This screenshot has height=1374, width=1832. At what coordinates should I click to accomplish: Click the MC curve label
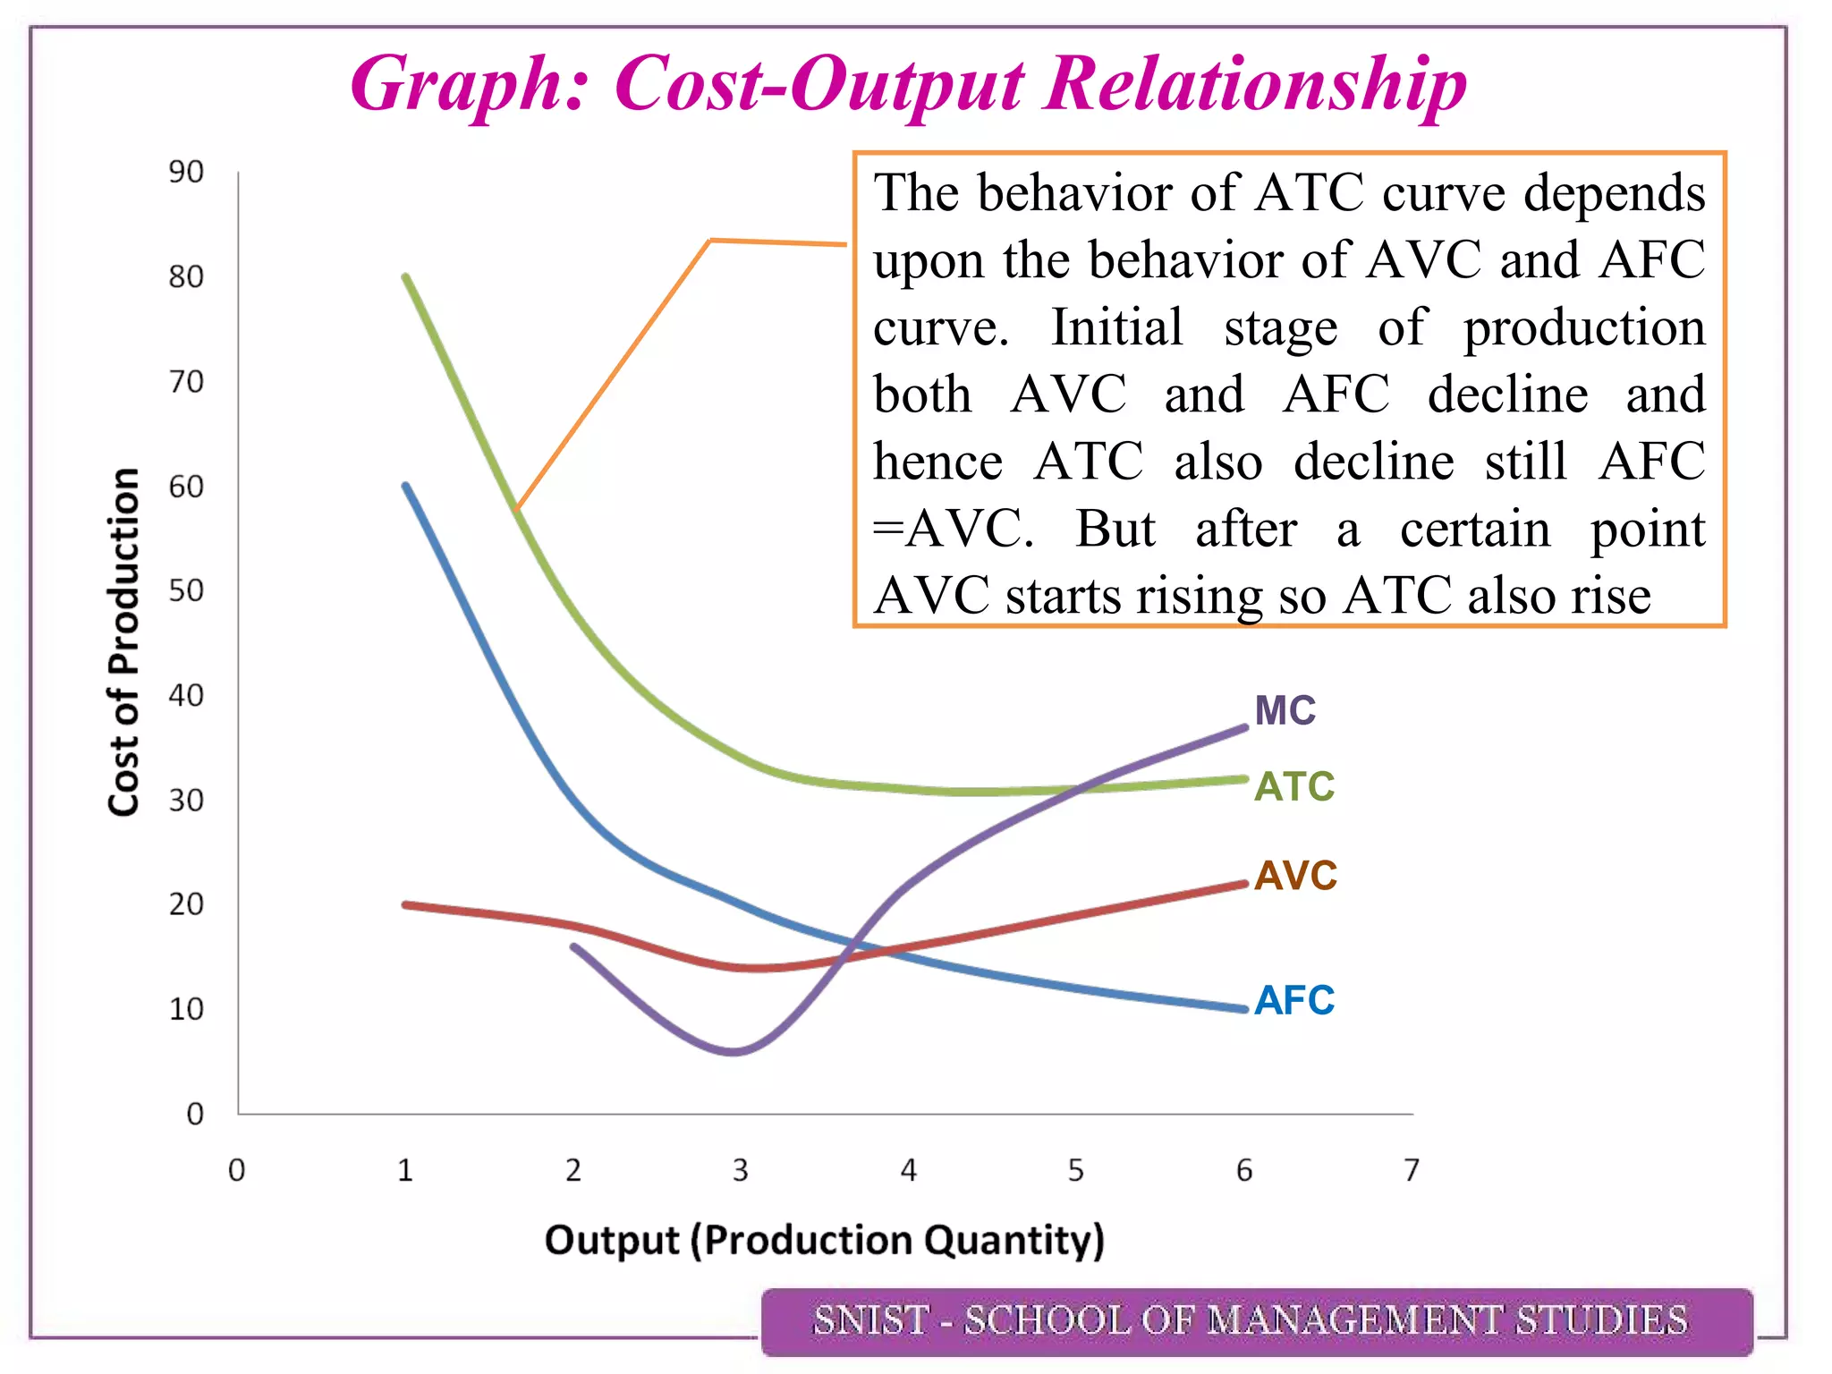tap(1285, 711)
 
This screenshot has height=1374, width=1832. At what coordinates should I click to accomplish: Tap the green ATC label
tap(1293, 787)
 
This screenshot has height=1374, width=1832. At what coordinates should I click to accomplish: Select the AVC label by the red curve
tap(1294, 876)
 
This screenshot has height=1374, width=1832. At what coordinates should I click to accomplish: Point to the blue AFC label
tap(1293, 1000)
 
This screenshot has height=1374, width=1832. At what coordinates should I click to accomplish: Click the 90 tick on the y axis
tap(186, 172)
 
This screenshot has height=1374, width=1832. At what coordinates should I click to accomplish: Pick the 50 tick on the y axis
tap(186, 591)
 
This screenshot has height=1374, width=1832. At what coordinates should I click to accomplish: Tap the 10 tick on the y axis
tap(186, 1010)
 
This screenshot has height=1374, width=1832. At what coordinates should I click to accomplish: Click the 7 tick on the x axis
tap(1412, 1170)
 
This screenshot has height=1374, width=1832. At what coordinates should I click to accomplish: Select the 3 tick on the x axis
tap(740, 1170)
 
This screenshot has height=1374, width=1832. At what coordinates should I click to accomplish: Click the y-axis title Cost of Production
tap(123, 641)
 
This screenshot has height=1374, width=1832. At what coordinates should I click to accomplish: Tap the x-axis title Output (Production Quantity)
tap(824, 1241)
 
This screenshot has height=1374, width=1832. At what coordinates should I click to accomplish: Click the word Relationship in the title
tap(1255, 84)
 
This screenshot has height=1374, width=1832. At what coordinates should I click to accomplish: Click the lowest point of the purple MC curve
tap(733, 1051)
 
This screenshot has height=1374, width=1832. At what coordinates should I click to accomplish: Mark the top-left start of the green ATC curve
tap(406, 276)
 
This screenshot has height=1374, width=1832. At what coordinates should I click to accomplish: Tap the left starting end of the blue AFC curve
tap(406, 486)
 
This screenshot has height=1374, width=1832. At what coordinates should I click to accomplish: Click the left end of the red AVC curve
tap(405, 904)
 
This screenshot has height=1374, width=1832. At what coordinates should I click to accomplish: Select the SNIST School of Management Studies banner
tap(1256, 1321)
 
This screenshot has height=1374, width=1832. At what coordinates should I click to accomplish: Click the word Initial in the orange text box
tap(1115, 327)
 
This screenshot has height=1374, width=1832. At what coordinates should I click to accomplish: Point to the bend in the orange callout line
tap(710, 240)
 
